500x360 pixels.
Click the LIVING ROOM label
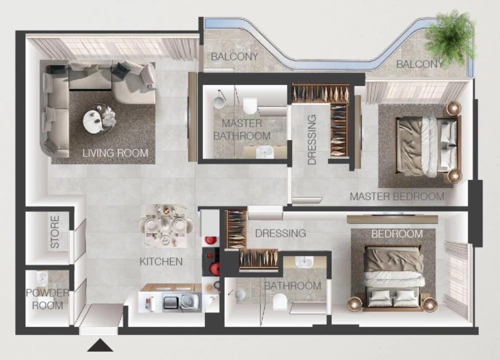tap(116, 153)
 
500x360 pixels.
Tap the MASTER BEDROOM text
tap(397, 196)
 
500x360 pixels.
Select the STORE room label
tap(55, 236)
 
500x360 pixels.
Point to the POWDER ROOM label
tap(47, 299)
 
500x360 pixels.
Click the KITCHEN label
tap(161, 261)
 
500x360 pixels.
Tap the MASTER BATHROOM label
tap(242, 129)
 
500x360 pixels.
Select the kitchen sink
tap(187, 302)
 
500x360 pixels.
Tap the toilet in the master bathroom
tap(250, 106)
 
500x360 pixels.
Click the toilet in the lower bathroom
tap(280, 302)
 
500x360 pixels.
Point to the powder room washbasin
tap(42, 278)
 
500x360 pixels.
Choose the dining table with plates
tap(166, 225)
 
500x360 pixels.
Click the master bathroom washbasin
tap(265, 151)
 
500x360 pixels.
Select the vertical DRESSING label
tap(312, 139)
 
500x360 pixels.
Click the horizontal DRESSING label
tap(281, 233)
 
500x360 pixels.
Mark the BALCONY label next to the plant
tap(419, 64)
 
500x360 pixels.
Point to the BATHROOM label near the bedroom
tap(292, 286)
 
